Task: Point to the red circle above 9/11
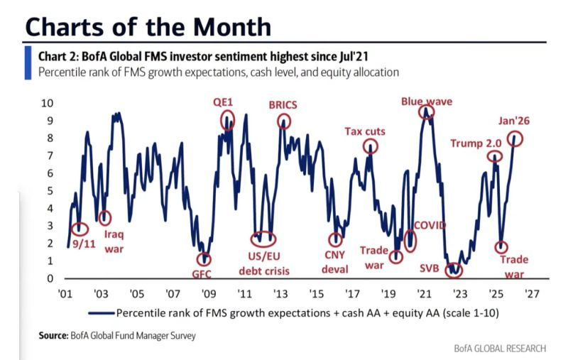pyautogui.click(x=80, y=229)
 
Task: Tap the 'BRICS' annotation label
pyautogui.click(x=283, y=104)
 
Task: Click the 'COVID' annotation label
pyautogui.click(x=430, y=226)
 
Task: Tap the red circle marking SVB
pyautogui.click(x=452, y=271)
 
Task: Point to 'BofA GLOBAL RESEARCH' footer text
pyautogui.click(x=500, y=349)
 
